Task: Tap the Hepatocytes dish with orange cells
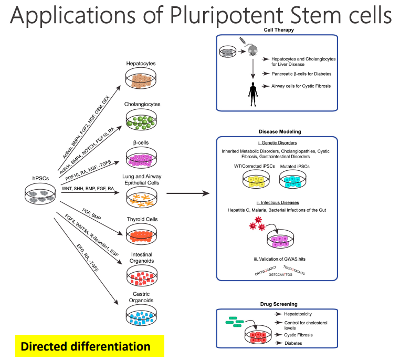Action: pos(141,78)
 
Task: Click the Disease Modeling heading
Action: pos(283,131)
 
